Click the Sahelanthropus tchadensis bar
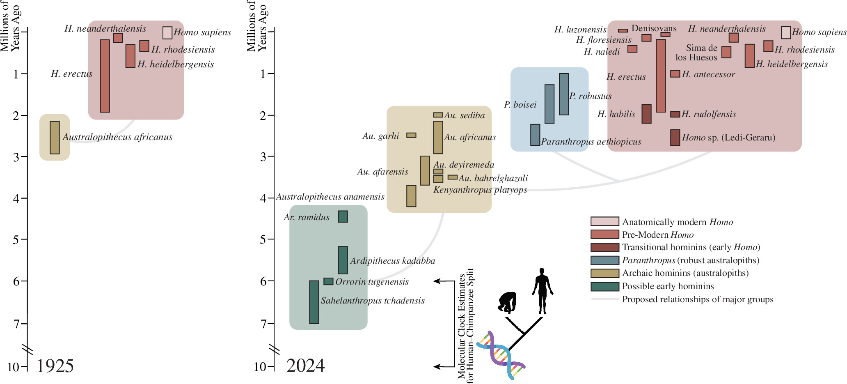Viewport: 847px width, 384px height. pos(314,302)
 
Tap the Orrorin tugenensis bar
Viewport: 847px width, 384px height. pos(328,281)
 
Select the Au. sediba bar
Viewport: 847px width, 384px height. pos(438,115)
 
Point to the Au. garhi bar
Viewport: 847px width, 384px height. pos(411,135)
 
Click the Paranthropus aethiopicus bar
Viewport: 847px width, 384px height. pos(535,135)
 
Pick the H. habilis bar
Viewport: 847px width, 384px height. pos(646,114)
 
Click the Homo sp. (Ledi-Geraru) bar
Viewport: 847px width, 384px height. pos(675,138)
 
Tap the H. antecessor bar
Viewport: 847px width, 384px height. pos(675,74)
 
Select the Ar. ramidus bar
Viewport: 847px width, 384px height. pos(343,216)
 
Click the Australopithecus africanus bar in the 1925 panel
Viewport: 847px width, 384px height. pos(55,138)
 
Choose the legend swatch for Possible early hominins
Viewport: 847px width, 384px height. pos(605,286)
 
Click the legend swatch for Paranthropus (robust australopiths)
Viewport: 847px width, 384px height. pos(605,260)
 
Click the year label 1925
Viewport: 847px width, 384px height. pos(55,366)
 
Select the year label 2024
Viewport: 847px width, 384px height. pos(305,366)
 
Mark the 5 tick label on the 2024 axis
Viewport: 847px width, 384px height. pos(263,239)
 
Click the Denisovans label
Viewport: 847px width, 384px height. pos(654,28)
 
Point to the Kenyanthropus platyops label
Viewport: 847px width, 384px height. pos(480,190)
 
